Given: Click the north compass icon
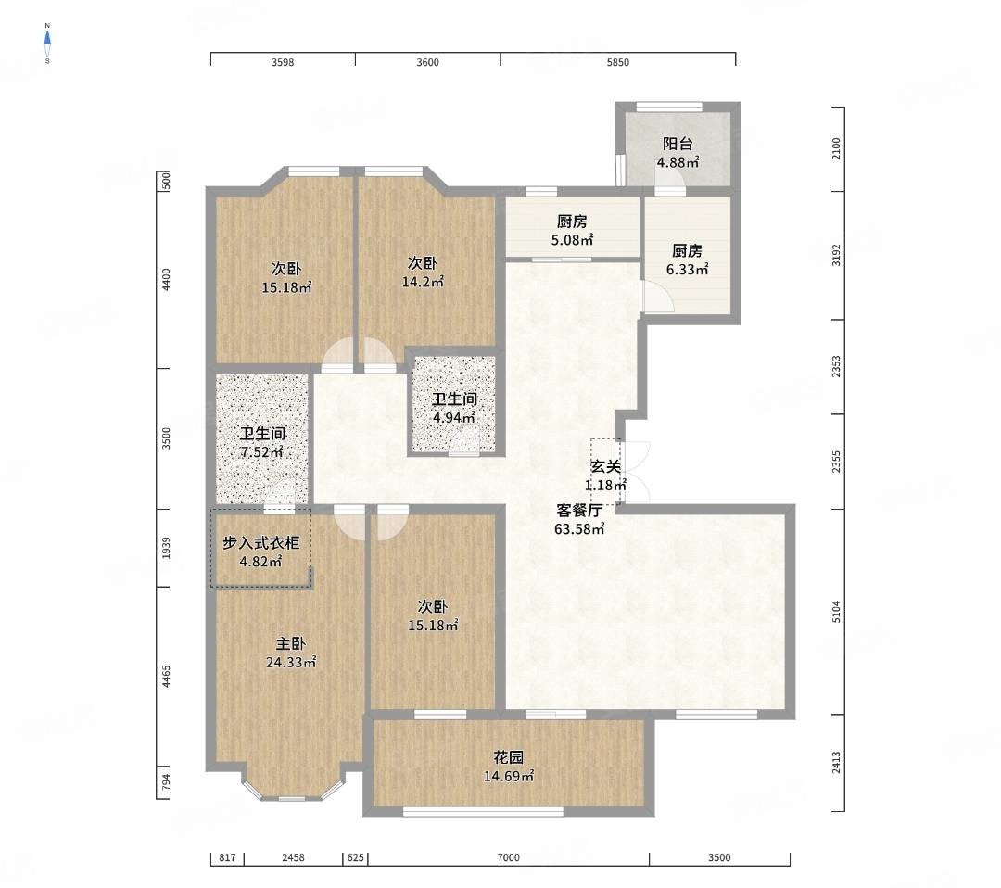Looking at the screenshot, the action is pyautogui.click(x=47, y=44).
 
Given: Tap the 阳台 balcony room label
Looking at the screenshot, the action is pyautogui.click(x=678, y=145).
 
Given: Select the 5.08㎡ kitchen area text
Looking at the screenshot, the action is pyautogui.click(x=572, y=240).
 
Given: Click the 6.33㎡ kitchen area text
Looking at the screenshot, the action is pyautogui.click(x=687, y=270).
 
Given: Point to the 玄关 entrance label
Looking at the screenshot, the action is pyautogui.click(x=605, y=466).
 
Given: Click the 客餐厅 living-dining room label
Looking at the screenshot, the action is pyautogui.click(x=579, y=511).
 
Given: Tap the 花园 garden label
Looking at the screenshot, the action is pyautogui.click(x=508, y=758).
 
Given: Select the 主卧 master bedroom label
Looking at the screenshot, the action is pyautogui.click(x=290, y=644).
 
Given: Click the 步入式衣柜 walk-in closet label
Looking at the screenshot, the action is pyautogui.click(x=260, y=543).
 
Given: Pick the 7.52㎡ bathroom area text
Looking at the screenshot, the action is pyautogui.click(x=261, y=452).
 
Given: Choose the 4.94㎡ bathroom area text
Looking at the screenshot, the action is pyautogui.click(x=454, y=418).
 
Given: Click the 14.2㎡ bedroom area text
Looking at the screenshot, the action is pyautogui.click(x=423, y=282).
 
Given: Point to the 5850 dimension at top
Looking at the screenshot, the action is pyautogui.click(x=617, y=62).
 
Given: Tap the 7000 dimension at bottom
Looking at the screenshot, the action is pyautogui.click(x=508, y=858).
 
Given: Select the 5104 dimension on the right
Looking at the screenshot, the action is pyautogui.click(x=836, y=612).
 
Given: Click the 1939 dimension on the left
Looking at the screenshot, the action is pyautogui.click(x=166, y=548).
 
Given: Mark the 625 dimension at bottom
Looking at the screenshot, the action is pyautogui.click(x=355, y=858).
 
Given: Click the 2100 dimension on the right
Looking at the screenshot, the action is pyautogui.click(x=836, y=148).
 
